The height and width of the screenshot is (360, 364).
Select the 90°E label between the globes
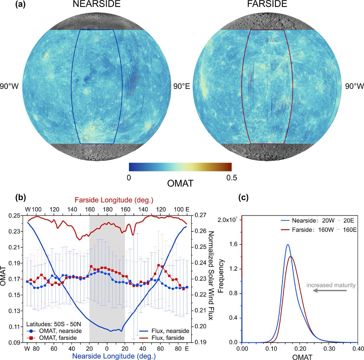click(x=181, y=86)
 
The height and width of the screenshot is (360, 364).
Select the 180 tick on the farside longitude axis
click(x=107, y=209)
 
